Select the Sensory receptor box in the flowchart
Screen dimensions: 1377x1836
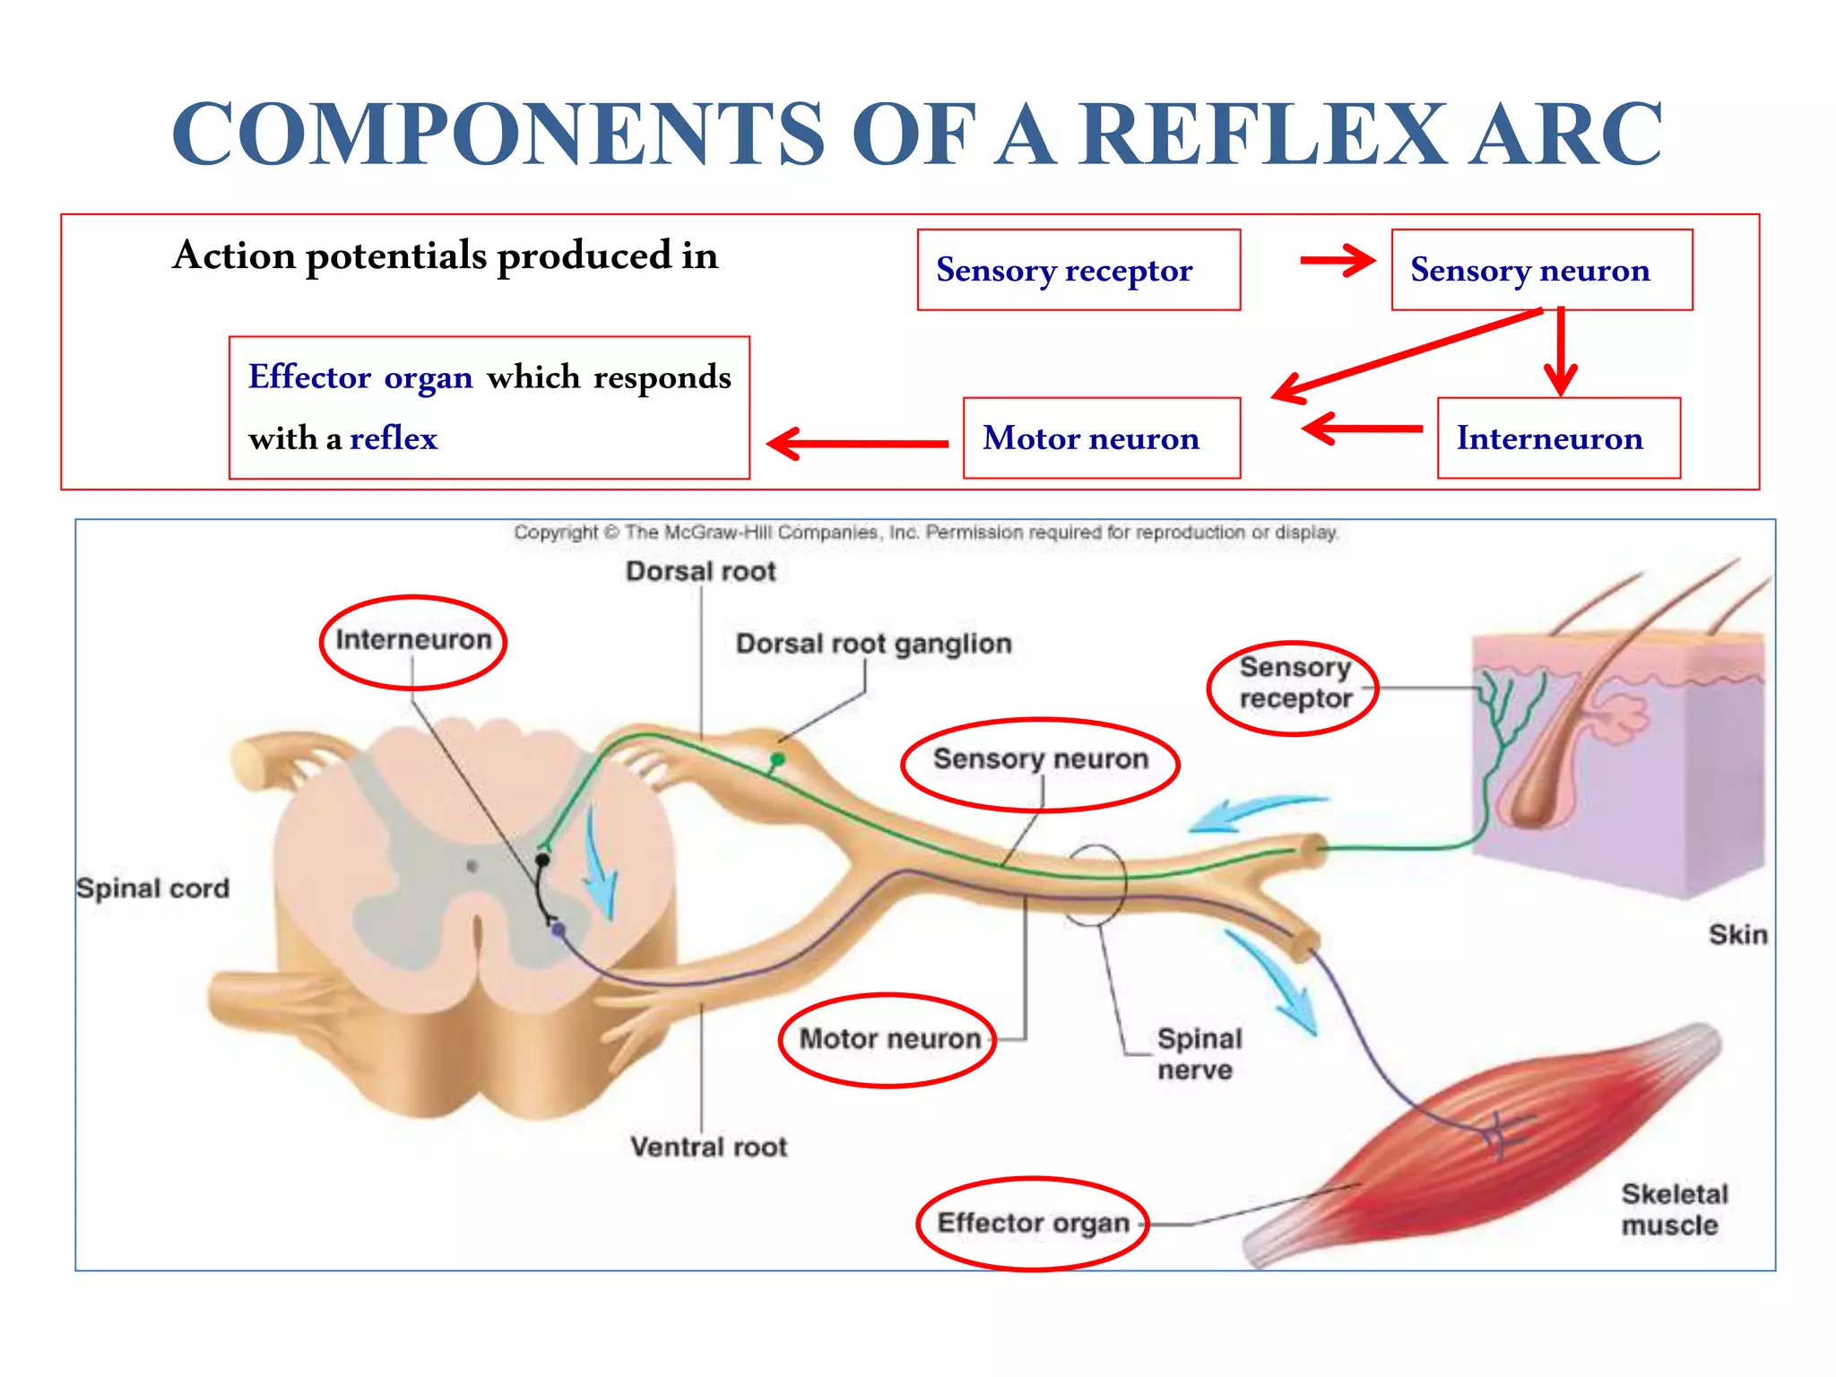tap(1078, 270)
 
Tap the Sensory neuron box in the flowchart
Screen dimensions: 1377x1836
tap(1541, 270)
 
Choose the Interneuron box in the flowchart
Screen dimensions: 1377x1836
tap(1558, 438)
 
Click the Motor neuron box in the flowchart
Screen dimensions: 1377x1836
tap(1101, 438)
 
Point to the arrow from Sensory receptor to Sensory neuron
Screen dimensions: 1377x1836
tap(1337, 261)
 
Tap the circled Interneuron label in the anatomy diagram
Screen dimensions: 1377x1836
tap(413, 640)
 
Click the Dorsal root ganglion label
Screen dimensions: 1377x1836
tap(873, 644)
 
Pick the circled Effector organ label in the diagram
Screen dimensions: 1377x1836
tap(1033, 1223)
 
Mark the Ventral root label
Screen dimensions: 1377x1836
tap(708, 1147)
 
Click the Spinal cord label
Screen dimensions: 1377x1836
tap(153, 888)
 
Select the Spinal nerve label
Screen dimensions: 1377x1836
tap(1199, 1054)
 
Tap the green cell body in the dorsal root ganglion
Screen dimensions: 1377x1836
tap(777, 760)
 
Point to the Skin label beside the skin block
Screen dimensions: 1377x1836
tap(1737, 934)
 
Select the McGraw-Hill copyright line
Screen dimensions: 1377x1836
tap(926, 533)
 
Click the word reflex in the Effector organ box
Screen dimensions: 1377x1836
tap(394, 438)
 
